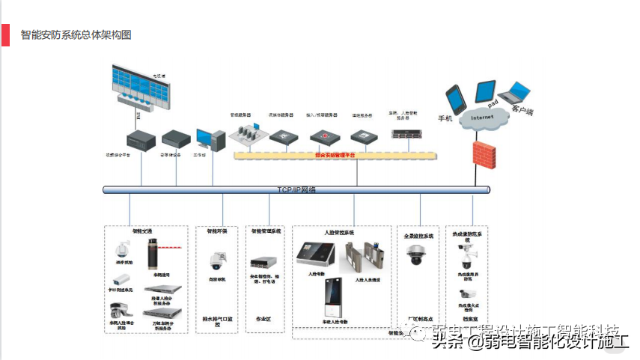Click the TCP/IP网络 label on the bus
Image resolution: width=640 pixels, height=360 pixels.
[x=296, y=190]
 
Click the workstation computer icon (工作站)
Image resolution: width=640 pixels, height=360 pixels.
[x=210, y=139]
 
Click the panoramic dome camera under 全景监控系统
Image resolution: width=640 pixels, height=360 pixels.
[x=415, y=254]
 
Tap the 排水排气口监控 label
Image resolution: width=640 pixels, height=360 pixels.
[x=218, y=319]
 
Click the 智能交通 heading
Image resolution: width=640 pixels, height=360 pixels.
[x=142, y=231]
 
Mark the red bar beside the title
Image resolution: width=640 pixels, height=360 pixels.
[x=5, y=35]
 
